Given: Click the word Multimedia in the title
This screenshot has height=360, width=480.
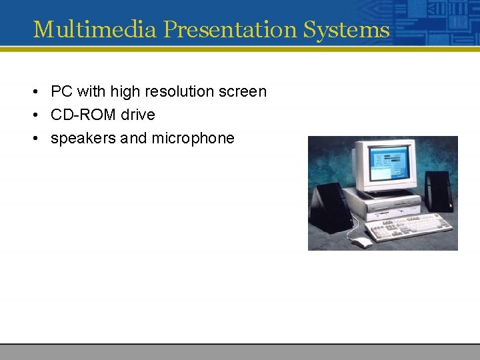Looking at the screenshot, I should [x=95, y=29].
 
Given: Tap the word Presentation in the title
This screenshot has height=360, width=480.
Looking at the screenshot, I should [x=229, y=29].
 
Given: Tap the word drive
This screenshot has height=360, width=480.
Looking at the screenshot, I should [x=138, y=115].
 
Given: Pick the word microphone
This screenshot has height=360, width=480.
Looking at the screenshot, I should [x=193, y=138].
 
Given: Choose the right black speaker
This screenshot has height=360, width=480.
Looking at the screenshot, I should [x=438, y=191].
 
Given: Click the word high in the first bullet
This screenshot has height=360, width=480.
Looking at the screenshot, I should [x=125, y=91].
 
